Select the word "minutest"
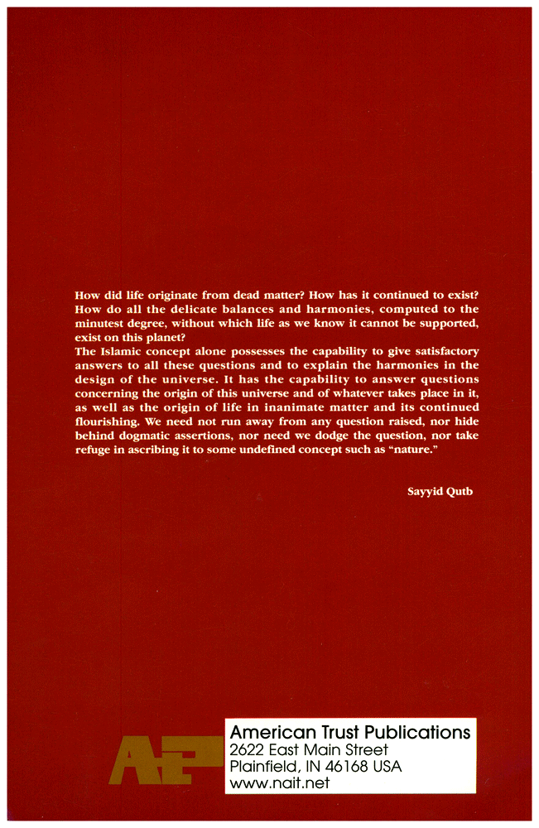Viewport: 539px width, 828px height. tap(102, 324)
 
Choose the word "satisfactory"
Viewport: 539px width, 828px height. tap(440, 352)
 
